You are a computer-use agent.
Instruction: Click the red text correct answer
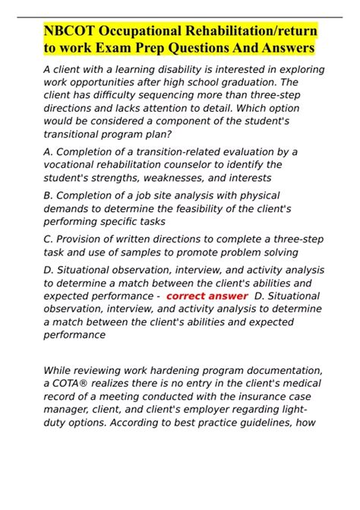[207, 296]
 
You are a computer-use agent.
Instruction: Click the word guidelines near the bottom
[273, 422]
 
